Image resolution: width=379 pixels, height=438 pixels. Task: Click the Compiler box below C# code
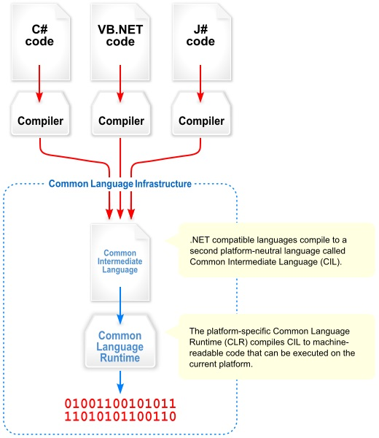[x=40, y=119]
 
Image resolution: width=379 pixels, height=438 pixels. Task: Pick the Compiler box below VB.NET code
[x=121, y=119]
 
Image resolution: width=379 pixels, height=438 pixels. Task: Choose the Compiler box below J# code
[x=201, y=119]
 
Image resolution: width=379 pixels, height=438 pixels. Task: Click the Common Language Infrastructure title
[x=120, y=184]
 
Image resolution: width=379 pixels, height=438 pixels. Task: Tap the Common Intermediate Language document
[x=121, y=261]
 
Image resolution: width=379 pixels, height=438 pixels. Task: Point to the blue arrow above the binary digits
[x=121, y=381]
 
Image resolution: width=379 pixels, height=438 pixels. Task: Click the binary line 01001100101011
[x=121, y=403]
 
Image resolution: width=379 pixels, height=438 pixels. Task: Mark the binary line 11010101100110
[x=121, y=417]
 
